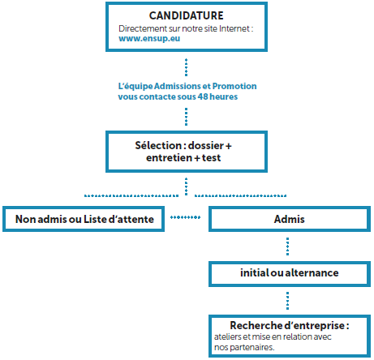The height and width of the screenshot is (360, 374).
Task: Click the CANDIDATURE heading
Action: tap(187, 15)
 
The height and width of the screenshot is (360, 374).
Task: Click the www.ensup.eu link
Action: tap(149, 39)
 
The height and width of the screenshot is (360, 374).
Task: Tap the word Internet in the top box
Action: tap(234, 28)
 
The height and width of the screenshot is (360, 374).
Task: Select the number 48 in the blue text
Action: tap(203, 96)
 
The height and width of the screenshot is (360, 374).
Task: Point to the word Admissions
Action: tap(178, 86)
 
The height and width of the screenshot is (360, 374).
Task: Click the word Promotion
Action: tap(234, 86)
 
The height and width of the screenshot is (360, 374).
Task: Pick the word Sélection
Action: tap(158, 145)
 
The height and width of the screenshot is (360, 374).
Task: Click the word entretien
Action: tap(169, 157)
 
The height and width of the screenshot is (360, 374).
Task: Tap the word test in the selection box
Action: tap(211, 158)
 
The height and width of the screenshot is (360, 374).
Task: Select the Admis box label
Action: tap(289, 219)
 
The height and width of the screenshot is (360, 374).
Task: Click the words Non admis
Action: tap(41, 219)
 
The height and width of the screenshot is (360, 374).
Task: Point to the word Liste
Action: tap(95, 219)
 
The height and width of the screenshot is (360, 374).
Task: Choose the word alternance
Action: tap(312, 273)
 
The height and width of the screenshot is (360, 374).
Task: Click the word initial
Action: tap(254, 273)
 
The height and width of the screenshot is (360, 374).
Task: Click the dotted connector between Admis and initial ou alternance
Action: tap(287, 246)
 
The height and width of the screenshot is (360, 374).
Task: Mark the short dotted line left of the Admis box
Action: tap(186, 217)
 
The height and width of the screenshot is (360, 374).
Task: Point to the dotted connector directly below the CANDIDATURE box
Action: tap(186, 67)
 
